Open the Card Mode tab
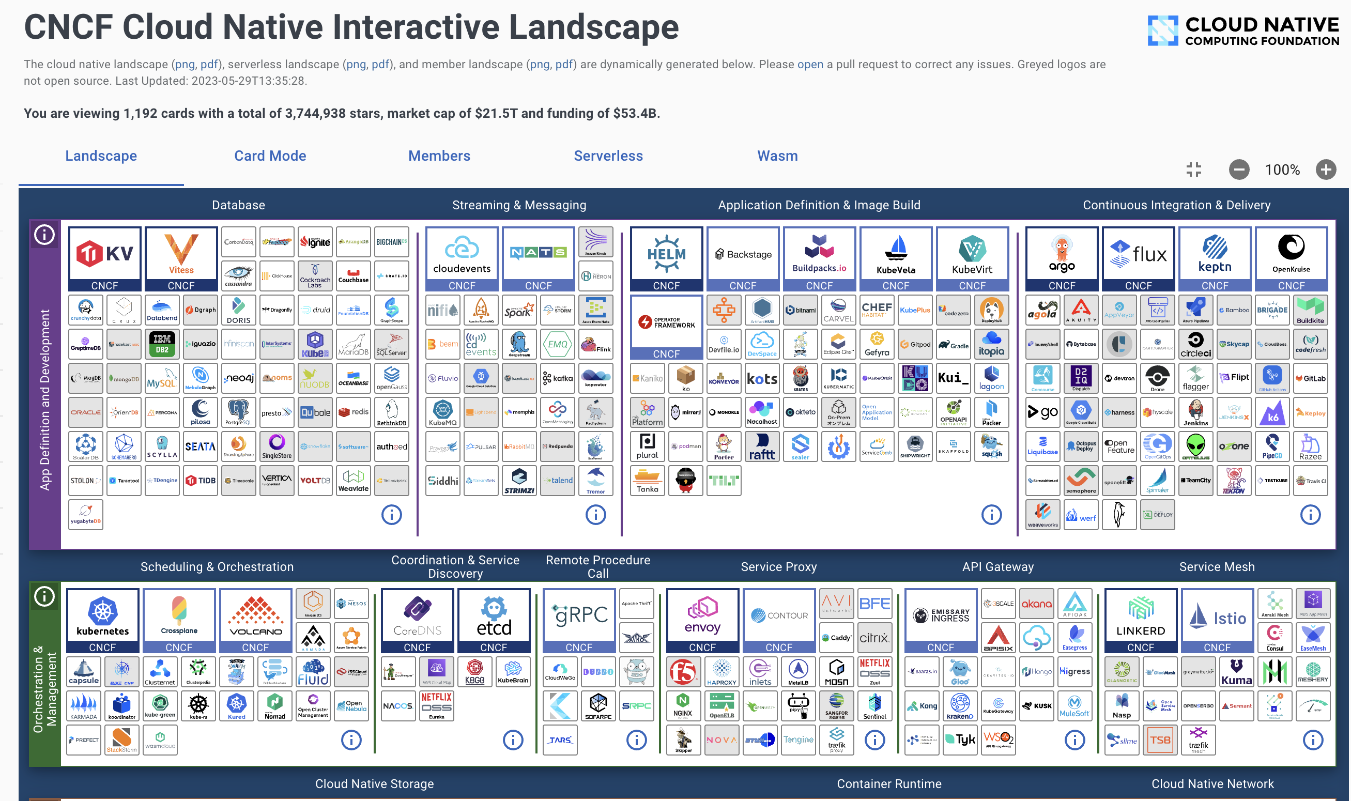coord(270,156)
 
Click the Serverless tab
coord(608,156)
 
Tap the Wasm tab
coord(777,156)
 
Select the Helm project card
coord(666,258)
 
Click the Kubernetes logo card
coord(102,620)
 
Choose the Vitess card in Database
coord(181,258)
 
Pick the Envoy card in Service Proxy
coord(702,620)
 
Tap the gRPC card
coord(579,620)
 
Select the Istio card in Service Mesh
coord(1217,620)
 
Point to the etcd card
coord(494,620)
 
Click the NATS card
coord(538,258)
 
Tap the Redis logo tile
coord(354,412)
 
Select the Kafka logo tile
coord(558,378)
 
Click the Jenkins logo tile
coord(1195,412)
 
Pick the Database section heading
coord(238,205)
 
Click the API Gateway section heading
coord(997,567)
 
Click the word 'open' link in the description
coord(810,64)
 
